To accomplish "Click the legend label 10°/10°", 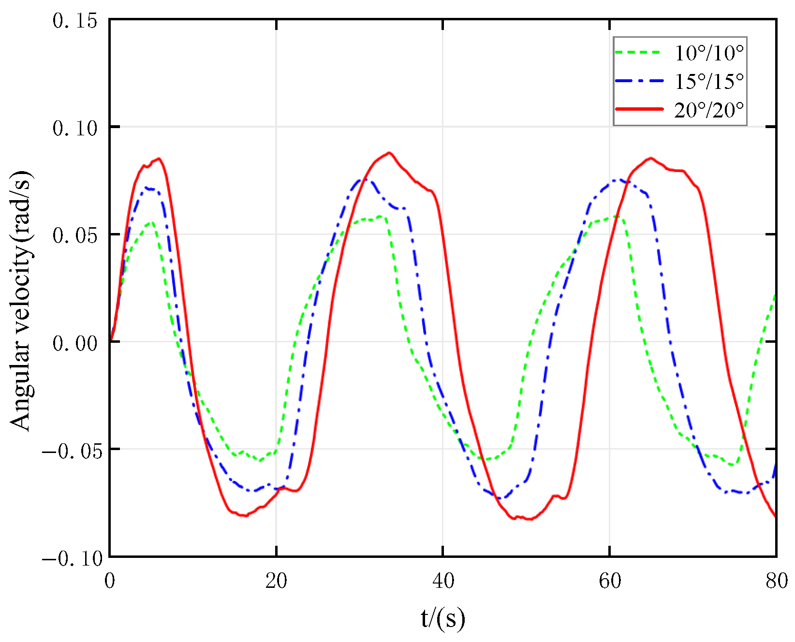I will pos(708,53).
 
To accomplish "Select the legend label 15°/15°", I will pos(708,81).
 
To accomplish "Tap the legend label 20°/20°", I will pos(708,110).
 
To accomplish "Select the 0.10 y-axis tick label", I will pos(74,128).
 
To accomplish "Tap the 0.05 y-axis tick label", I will pos(74,235).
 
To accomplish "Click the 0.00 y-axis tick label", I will pos(74,343).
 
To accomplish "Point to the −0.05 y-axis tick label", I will pos(72,451).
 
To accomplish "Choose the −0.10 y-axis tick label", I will pos(72,558).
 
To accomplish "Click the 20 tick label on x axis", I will pos(276,581).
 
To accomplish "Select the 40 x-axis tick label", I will pos(443,581).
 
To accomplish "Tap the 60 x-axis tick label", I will pos(610,581).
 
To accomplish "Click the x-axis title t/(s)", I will pos(442,619).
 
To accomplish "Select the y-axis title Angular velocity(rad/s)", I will pos(21,300).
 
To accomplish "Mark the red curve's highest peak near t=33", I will pos(389,153).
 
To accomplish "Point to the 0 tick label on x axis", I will pos(110,581).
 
